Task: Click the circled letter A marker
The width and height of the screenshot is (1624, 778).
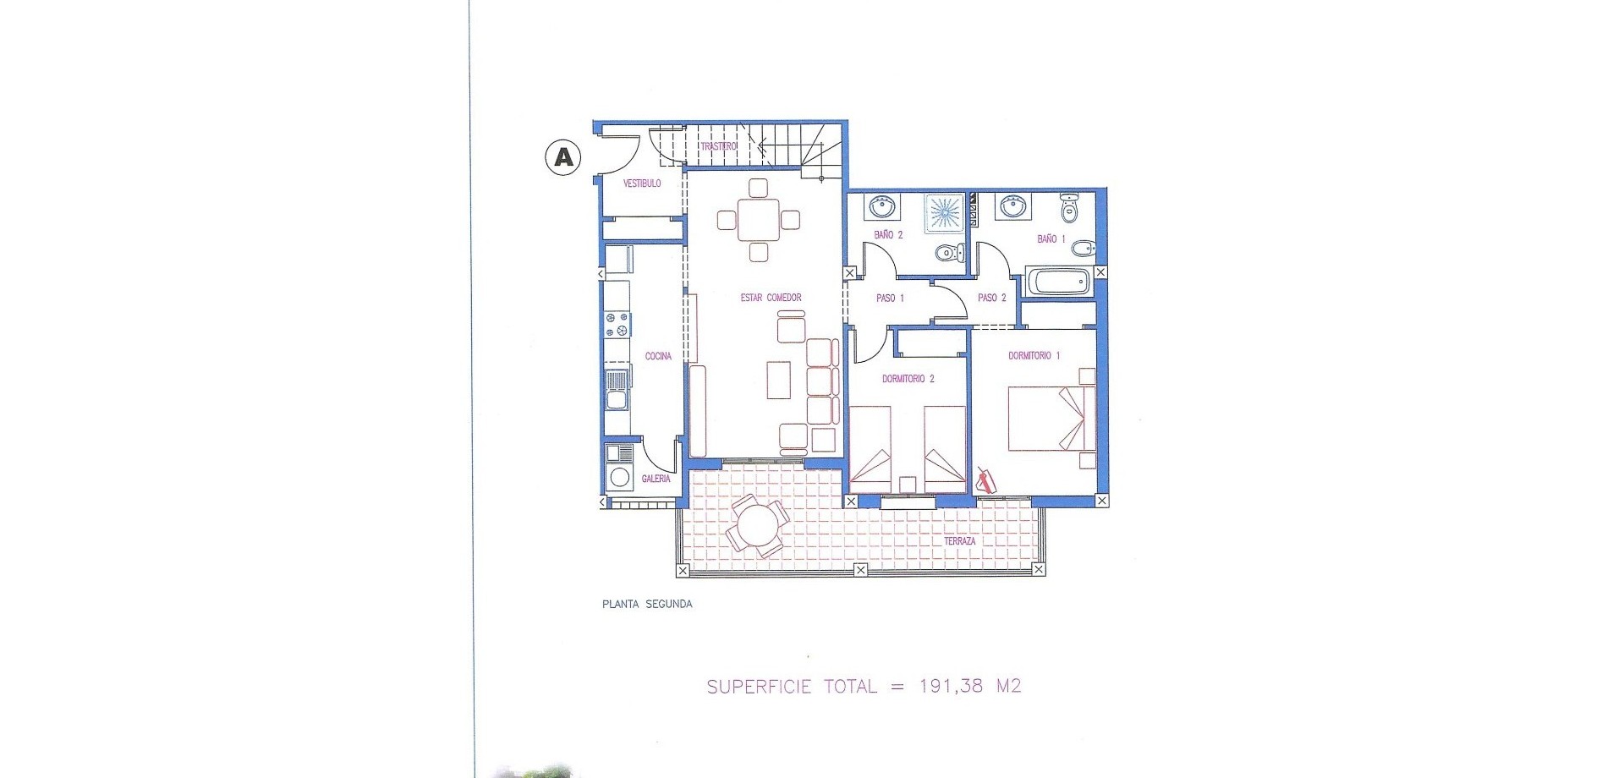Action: click(562, 157)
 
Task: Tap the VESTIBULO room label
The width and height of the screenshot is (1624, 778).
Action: click(642, 184)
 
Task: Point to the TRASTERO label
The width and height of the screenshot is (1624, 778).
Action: click(719, 146)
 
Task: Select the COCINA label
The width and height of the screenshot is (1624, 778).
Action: click(658, 356)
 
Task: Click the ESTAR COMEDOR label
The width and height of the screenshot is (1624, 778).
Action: click(771, 298)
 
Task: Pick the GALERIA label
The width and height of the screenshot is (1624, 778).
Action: click(656, 479)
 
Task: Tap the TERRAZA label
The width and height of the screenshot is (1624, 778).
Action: click(960, 541)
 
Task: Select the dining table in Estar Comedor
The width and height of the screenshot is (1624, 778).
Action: click(759, 220)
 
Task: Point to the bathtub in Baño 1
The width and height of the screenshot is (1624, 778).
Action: click(1059, 282)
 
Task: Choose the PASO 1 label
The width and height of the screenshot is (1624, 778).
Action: click(890, 299)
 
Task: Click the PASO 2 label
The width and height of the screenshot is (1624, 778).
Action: click(991, 299)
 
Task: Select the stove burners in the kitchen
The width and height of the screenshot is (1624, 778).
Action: click(617, 324)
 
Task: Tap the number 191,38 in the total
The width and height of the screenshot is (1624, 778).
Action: click(951, 686)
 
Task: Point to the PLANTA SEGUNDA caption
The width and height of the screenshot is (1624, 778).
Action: click(647, 605)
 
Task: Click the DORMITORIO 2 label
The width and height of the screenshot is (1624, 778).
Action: click(908, 379)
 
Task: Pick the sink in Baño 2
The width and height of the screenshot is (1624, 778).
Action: click(883, 207)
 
